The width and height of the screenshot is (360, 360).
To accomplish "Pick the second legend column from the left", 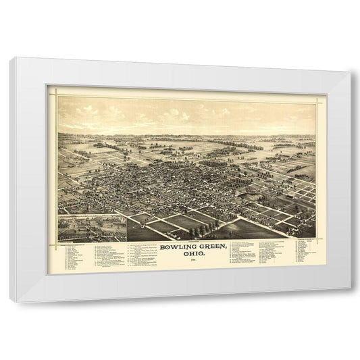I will tap(105, 254).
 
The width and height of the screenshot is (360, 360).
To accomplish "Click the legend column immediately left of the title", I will tap(138, 253).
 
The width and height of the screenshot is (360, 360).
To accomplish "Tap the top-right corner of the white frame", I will tap(351, 71).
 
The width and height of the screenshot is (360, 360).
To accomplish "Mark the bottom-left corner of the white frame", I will tap(10, 301).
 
